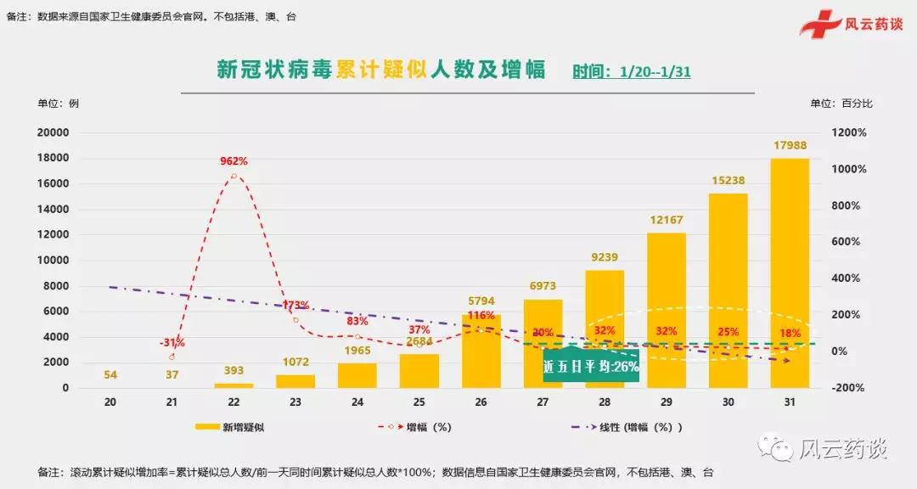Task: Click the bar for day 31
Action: point(789,272)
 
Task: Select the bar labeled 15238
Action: point(728,289)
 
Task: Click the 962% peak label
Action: point(233,160)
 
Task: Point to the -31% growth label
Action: point(172,343)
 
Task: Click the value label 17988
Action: point(790,145)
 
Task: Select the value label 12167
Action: point(667,220)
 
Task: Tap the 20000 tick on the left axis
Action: point(53,132)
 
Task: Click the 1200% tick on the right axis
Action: point(848,132)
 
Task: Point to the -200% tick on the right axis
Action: point(848,388)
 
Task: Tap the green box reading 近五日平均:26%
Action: point(591,366)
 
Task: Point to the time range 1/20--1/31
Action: point(655,71)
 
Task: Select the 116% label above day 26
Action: point(481,315)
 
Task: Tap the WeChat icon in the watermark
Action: point(779,446)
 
